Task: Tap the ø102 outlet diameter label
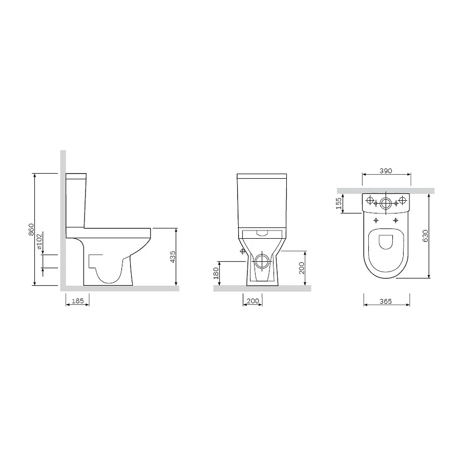click(x=39, y=246)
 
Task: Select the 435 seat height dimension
click(x=173, y=257)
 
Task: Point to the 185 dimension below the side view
click(x=77, y=301)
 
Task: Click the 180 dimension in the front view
click(x=216, y=273)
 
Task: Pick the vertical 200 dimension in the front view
click(x=302, y=267)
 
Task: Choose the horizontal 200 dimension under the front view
click(x=253, y=301)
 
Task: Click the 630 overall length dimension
click(x=425, y=236)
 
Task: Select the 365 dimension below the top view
click(x=386, y=301)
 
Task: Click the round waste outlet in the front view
click(x=262, y=261)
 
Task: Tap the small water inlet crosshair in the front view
click(x=242, y=252)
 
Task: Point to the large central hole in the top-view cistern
click(x=386, y=203)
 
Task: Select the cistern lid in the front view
click(x=262, y=177)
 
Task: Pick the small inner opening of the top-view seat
click(x=386, y=244)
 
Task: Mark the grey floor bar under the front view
click(x=262, y=288)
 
